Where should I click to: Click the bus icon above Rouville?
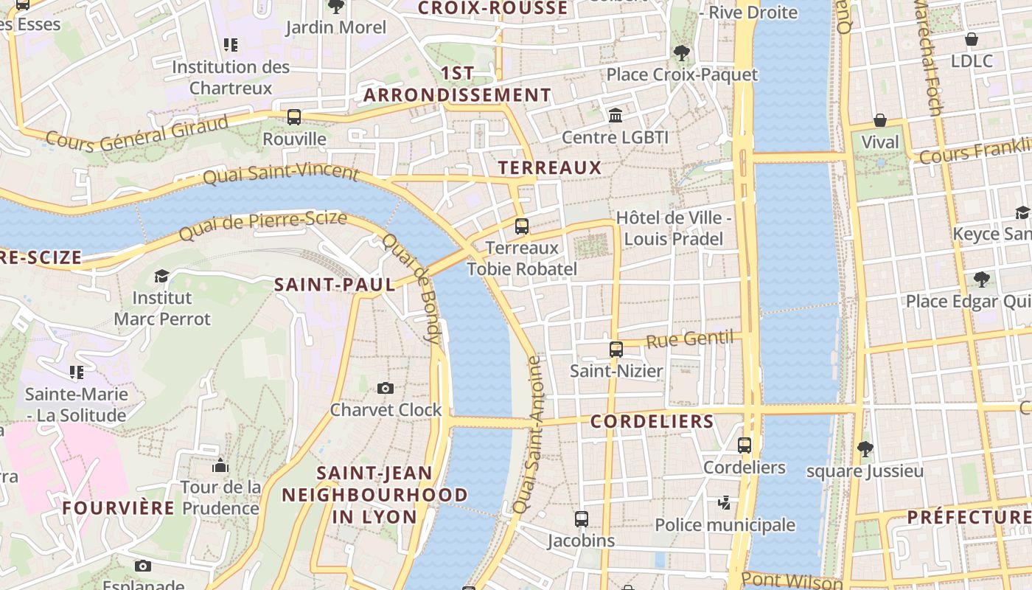[294, 117]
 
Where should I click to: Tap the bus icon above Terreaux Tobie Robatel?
[522, 226]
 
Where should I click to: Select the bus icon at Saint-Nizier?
[616, 350]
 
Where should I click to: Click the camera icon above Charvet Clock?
[385, 389]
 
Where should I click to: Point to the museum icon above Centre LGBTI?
[615, 116]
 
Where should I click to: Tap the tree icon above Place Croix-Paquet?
[681, 53]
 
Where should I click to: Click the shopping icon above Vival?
[879, 120]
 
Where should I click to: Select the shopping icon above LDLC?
[972, 39]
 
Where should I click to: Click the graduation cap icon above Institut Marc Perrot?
[161, 277]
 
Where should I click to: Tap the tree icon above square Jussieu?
[865, 448]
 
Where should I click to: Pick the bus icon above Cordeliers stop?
[745, 445]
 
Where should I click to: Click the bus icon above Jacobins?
[582, 519]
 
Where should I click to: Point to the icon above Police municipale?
[725, 503]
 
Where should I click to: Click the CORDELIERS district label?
[652, 422]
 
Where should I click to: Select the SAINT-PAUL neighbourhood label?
[335, 285]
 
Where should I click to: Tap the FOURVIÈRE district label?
[119, 508]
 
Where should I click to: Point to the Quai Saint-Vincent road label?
[280, 174]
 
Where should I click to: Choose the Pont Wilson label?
[792, 581]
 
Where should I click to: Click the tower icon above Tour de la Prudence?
[220, 465]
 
